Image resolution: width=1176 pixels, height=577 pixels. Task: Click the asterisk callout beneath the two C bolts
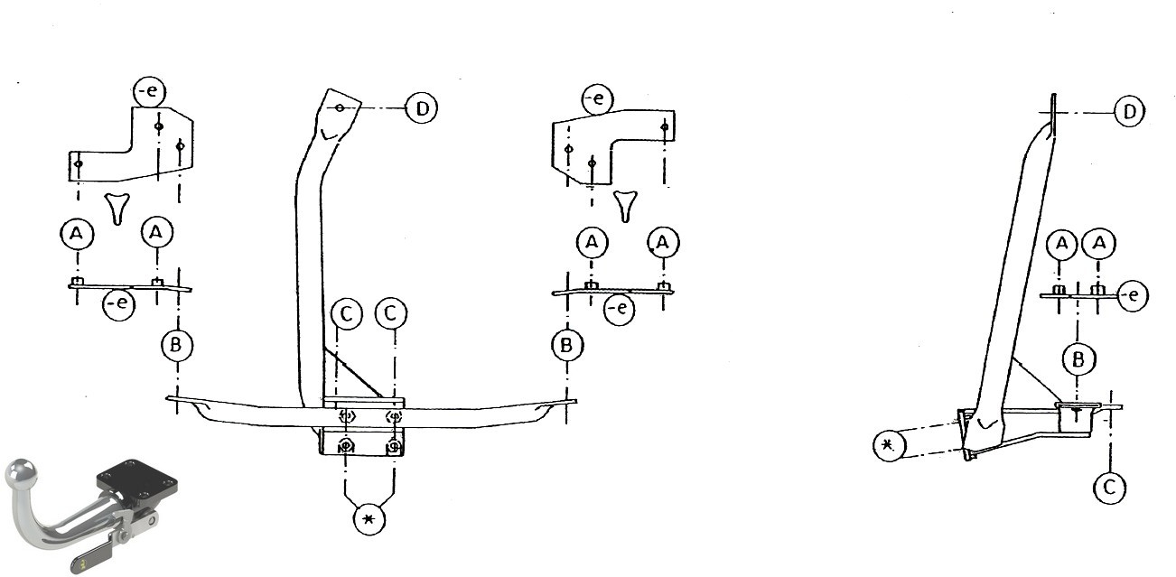369,519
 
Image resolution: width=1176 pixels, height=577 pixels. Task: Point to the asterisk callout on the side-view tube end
889,445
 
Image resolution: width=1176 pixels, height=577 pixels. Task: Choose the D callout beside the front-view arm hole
422,108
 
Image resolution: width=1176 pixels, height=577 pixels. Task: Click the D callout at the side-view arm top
1129,111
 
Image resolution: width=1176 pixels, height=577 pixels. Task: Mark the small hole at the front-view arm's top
340,107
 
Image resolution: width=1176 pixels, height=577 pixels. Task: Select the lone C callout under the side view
1109,488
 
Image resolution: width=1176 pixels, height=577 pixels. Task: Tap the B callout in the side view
1078,359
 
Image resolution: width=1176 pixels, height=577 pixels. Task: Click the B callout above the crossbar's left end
176,345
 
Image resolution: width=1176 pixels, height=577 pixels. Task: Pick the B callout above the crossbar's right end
566,345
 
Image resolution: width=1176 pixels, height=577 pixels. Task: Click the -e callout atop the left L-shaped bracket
149,91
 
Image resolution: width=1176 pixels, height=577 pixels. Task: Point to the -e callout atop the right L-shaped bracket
597,98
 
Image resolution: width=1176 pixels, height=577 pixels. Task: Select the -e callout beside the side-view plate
1133,295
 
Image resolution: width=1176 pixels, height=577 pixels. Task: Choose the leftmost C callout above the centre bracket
347,314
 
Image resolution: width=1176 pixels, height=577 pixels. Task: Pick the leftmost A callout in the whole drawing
77,234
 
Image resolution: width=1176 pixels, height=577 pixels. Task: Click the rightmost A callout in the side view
1099,243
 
